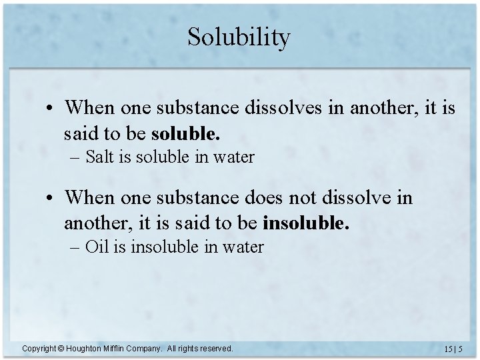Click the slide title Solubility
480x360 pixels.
tap(239, 37)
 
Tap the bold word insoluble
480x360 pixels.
tap(306, 223)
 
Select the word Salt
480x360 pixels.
tap(100, 157)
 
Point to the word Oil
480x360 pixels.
tap(97, 247)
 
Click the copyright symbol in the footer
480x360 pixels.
tap(59, 348)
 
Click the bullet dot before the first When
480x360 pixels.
tap(51, 108)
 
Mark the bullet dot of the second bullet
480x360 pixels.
tap(51, 198)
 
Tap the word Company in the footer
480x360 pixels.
tap(148, 349)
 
